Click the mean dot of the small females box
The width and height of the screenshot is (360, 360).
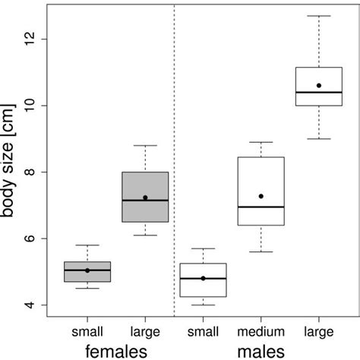point(87,270)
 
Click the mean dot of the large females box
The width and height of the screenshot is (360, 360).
point(145,197)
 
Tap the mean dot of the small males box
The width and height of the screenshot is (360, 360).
point(203,278)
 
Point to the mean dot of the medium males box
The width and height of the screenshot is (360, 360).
point(261,196)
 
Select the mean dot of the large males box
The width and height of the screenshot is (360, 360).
point(319,86)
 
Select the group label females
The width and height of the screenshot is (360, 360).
point(115,350)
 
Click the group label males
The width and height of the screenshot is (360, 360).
point(261,350)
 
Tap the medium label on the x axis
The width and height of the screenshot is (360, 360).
point(261,332)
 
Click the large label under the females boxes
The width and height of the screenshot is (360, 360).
point(145,332)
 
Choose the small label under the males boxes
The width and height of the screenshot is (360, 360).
point(203,332)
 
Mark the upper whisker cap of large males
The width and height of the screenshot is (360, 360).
point(319,16)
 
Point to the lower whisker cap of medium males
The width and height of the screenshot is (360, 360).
point(261,251)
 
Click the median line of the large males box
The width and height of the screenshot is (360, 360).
point(319,92)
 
